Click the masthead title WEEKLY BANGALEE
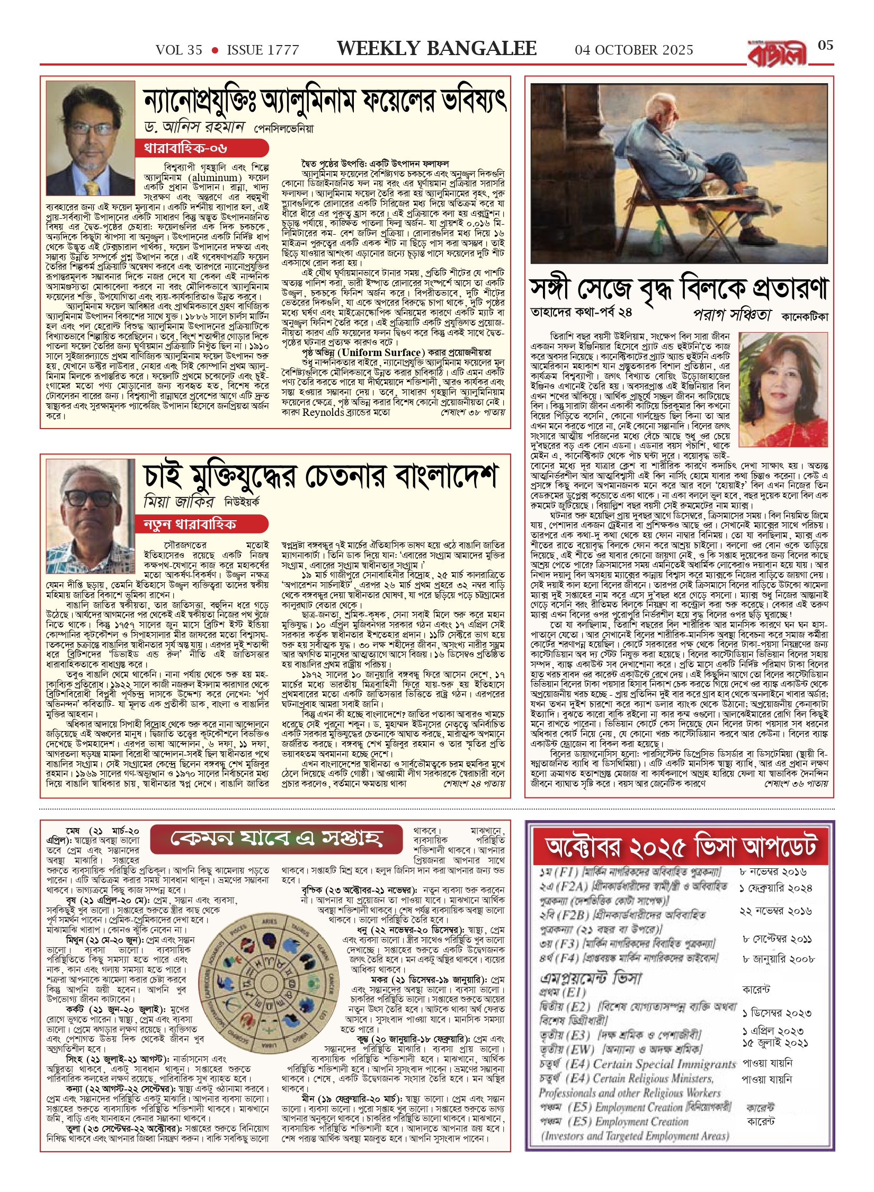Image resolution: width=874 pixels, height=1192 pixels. click(x=436, y=49)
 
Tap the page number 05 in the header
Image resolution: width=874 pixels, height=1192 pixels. click(x=825, y=46)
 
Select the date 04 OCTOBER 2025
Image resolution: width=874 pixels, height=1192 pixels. click(x=634, y=50)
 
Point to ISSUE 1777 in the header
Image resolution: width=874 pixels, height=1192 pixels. click(x=263, y=50)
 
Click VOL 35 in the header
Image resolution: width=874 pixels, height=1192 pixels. click(x=179, y=50)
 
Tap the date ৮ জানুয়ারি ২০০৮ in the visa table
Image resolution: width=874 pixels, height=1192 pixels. click(x=778, y=958)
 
